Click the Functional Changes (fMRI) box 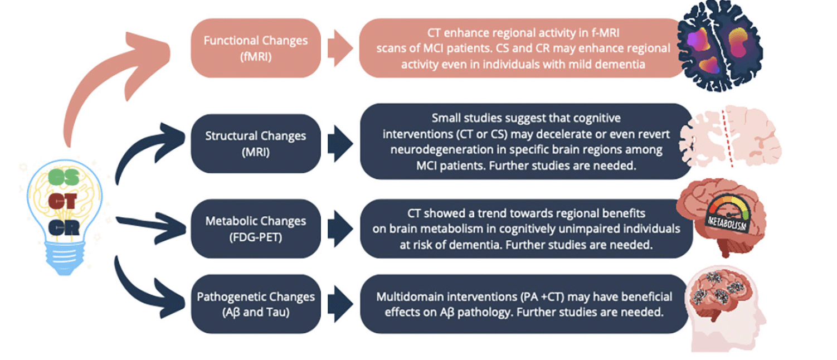[x=256, y=48]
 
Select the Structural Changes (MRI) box [x=256, y=144]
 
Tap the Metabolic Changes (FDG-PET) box [x=256, y=228]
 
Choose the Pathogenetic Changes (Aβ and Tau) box [x=256, y=304]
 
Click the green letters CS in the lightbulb [x=64, y=177]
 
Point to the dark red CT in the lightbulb [x=62, y=202]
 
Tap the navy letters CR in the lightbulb [x=64, y=227]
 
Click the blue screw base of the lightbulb [x=65, y=258]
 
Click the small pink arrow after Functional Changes [x=340, y=48]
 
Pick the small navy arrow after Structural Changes [x=340, y=144]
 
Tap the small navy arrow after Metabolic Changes [x=340, y=228]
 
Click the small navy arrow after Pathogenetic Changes [x=340, y=304]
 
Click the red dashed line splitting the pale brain [x=727, y=138]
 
